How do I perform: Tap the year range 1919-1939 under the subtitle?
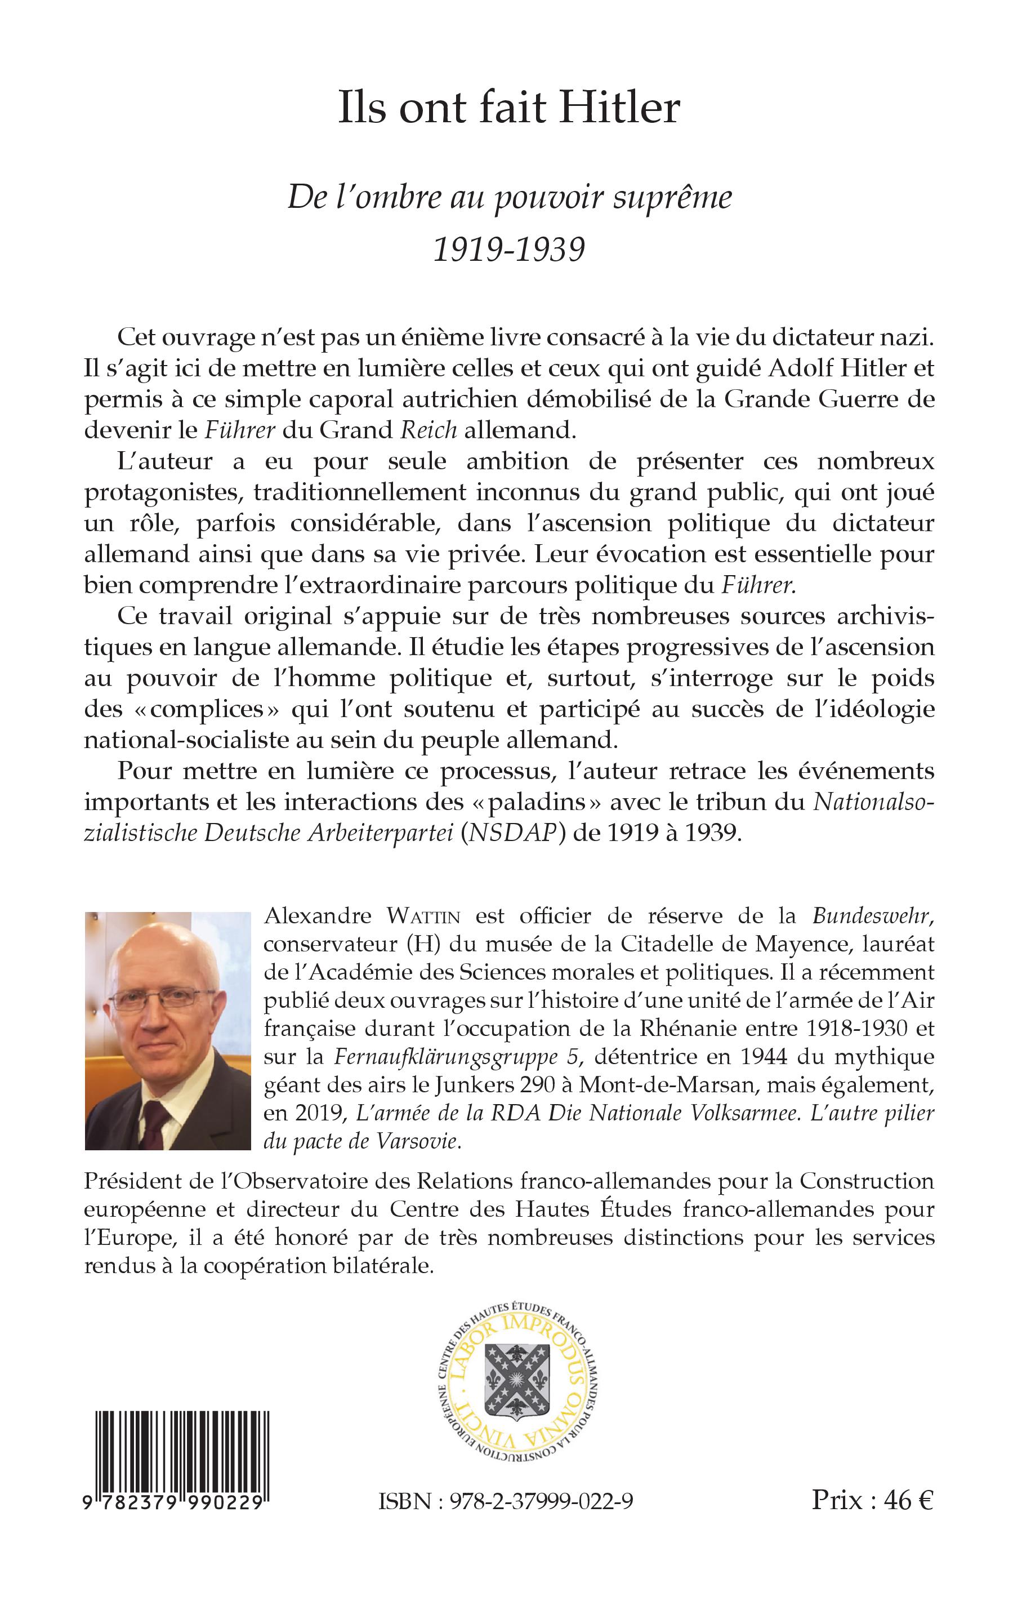(x=509, y=248)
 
